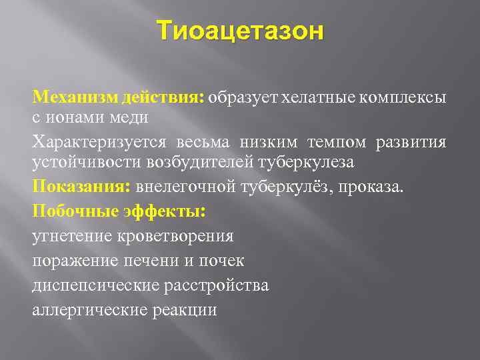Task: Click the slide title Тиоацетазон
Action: click(x=240, y=31)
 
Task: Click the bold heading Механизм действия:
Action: click(x=118, y=98)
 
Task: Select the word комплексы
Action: click(x=404, y=98)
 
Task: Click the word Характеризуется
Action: click(x=100, y=143)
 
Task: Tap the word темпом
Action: click(x=337, y=143)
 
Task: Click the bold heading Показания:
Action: click(x=81, y=187)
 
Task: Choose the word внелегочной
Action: click(x=184, y=187)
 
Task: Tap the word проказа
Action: click(x=371, y=187)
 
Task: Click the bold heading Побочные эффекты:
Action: click(x=119, y=211)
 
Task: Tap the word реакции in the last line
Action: click(x=188, y=309)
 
